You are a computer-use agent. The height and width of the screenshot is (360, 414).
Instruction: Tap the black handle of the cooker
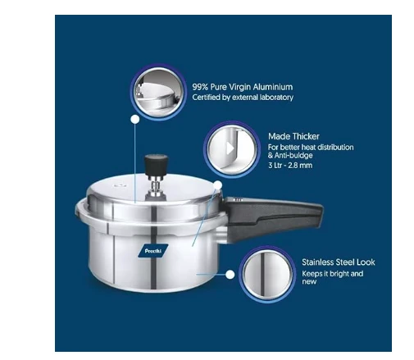(273, 217)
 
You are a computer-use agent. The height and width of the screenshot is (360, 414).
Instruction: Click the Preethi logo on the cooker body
(152, 251)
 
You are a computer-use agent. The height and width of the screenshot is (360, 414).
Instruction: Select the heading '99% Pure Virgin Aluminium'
(243, 87)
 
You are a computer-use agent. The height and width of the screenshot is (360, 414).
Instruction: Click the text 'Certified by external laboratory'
(243, 98)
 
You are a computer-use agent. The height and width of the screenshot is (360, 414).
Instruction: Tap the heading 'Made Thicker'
(293, 136)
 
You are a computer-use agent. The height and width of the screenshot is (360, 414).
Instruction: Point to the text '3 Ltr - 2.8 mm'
(290, 165)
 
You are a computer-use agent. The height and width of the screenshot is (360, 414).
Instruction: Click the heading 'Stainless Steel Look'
(339, 262)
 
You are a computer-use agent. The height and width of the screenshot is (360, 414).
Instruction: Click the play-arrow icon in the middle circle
(230, 148)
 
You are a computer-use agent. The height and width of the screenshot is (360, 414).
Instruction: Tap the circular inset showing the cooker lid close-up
(158, 92)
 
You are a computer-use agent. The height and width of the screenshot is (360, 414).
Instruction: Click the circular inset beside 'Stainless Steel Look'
(267, 274)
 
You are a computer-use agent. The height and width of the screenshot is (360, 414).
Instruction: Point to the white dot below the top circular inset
(135, 120)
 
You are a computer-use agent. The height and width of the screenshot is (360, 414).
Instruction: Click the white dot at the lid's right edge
(217, 185)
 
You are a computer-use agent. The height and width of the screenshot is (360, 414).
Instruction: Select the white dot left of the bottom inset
(230, 275)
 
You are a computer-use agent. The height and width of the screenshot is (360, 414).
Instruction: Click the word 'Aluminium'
(273, 87)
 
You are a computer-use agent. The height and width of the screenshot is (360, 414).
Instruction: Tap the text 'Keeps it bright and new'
(333, 277)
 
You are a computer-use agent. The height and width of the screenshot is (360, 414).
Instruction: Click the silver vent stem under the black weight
(155, 186)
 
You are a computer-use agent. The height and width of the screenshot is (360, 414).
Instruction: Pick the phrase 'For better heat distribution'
(311, 147)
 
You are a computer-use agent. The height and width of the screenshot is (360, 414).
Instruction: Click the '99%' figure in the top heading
(200, 87)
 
